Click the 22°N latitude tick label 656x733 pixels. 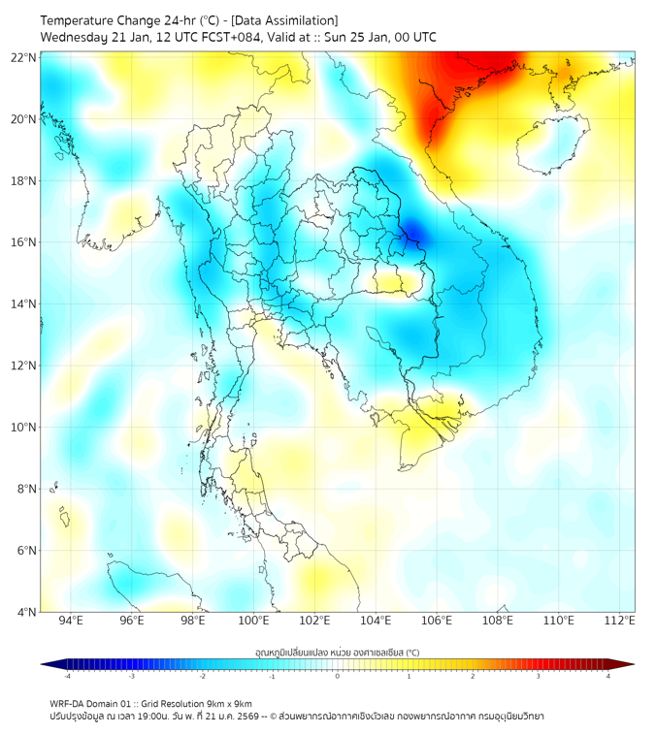(24, 57)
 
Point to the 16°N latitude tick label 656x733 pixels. (24, 242)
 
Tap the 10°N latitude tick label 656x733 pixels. (24, 427)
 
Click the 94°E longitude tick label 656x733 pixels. (71, 621)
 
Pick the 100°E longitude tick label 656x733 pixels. (254, 621)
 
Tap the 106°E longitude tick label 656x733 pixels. (437, 621)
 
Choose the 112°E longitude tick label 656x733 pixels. (620, 621)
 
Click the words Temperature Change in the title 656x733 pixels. (97, 20)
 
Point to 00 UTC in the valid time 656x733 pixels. (411, 37)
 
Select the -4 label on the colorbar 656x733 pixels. (67, 675)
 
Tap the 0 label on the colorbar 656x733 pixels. (338, 675)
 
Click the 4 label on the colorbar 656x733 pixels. (608, 675)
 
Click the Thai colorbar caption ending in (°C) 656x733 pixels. (337, 652)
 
